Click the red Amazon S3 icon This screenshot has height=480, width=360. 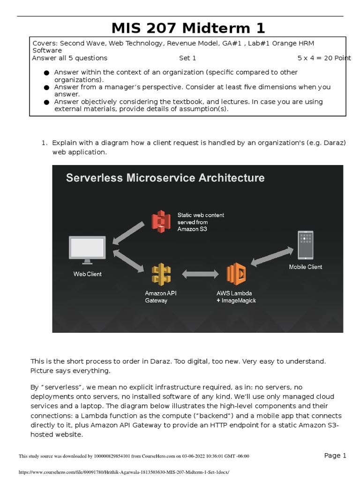point(161,221)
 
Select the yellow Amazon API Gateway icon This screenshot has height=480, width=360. point(161,274)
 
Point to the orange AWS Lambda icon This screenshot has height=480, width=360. point(236,274)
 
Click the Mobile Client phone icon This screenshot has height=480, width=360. point(305,245)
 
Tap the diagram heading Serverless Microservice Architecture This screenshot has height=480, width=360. point(165,178)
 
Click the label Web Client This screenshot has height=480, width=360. point(87,274)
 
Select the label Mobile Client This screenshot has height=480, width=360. point(305,267)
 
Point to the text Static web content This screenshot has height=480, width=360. point(201,215)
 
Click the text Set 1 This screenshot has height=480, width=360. point(187,58)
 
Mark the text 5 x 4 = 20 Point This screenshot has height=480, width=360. point(324,58)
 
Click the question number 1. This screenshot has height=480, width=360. point(45,143)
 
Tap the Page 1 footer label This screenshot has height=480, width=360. point(335,455)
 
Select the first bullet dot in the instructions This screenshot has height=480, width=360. point(46,73)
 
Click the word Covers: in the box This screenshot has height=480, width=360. point(45,43)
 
